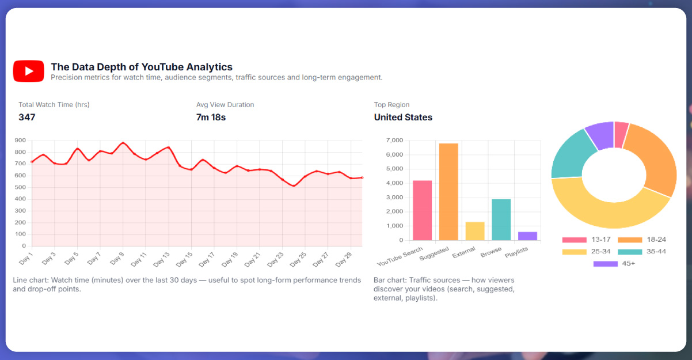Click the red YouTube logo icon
(28, 71)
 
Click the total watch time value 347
(27, 117)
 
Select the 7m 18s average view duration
(211, 117)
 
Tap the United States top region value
(403, 117)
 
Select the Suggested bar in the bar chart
(448, 191)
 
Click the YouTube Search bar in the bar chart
(422, 210)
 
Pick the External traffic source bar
(475, 231)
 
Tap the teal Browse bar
(501, 219)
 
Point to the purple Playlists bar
(527, 236)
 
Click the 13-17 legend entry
(587, 240)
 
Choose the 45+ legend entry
(614, 264)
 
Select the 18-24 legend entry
(642, 240)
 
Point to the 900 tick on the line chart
(20, 141)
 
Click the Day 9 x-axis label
(116, 259)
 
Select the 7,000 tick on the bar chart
(394, 141)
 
